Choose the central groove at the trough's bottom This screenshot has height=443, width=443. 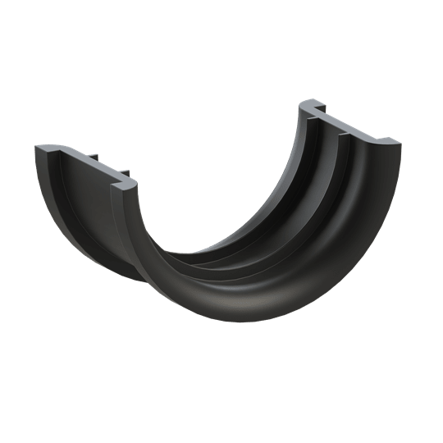click(x=221, y=262)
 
